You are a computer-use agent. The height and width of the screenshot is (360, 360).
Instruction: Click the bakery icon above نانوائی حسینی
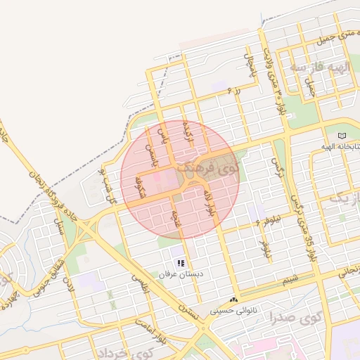coord(233,300)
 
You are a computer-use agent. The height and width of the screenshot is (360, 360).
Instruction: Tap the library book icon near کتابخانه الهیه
coord(342,136)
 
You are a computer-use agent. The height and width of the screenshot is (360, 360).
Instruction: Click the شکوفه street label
coord(140,187)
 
